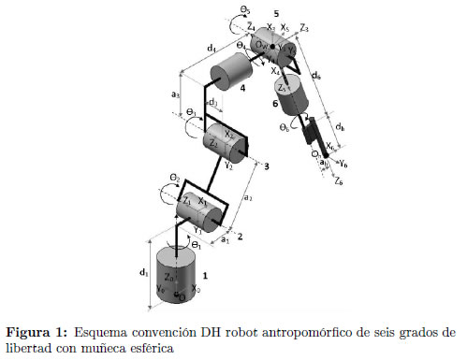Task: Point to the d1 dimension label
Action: (145, 274)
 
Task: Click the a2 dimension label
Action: (247, 199)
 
